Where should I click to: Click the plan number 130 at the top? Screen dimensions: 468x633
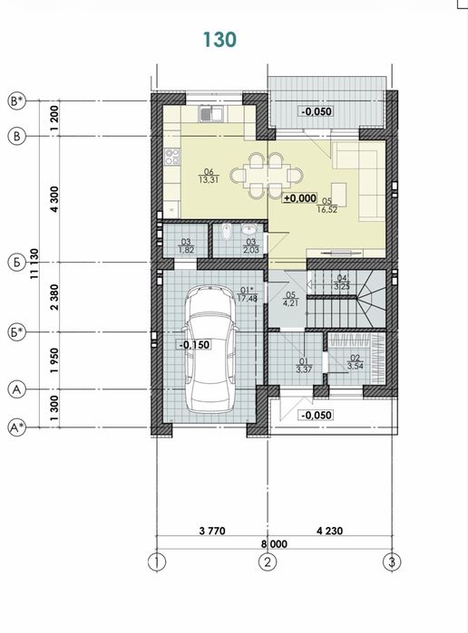click(x=219, y=40)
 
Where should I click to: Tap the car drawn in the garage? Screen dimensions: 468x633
click(x=210, y=349)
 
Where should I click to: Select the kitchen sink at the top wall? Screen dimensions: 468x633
click(x=211, y=113)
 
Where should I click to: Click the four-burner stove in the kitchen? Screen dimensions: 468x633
click(x=172, y=157)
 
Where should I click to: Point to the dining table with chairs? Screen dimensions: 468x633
click(x=267, y=175)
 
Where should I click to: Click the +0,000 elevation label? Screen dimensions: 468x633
click(x=299, y=198)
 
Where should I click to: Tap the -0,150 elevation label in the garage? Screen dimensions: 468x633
click(x=194, y=344)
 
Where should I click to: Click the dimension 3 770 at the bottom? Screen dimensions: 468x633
click(x=212, y=531)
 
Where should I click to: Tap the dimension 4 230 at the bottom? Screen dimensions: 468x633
click(x=329, y=531)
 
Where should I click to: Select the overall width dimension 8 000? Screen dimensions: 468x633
click(x=274, y=544)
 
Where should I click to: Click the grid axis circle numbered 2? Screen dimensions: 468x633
click(x=268, y=562)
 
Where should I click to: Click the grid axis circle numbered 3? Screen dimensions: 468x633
click(x=392, y=562)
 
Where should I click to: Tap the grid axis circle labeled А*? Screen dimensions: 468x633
click(x=16, y=427)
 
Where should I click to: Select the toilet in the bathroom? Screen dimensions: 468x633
click(x=227, y=231)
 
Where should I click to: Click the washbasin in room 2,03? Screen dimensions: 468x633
click(x=249, y=229)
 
